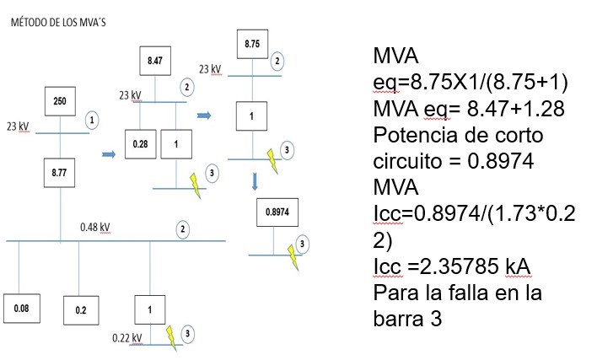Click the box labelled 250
click(60, 101)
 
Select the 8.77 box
click(59, 173)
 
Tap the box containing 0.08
click(22, 309)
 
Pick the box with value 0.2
click(81, 310)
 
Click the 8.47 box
click(155, 61)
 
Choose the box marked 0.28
click(141, 144)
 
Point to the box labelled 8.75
click(252, 44)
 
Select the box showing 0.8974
click(277, 212)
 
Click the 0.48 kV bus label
click(95, 228)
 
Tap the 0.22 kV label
click(127, 338)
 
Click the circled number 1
click(92, 121)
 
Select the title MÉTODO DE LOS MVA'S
click(58, 23)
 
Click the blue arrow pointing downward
click(255, 182)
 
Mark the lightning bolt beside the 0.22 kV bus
click(171, 338)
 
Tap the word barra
click(398, 319)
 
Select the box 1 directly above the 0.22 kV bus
click(150, 309)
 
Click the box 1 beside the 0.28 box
click(176, 144)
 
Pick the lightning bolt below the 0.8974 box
click(293, 257)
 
